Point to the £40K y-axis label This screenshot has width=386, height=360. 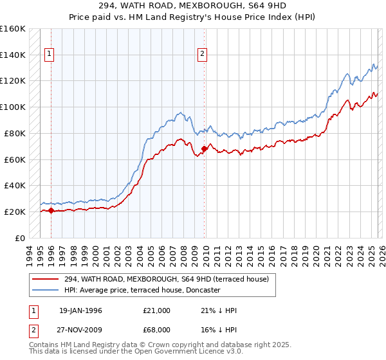14,185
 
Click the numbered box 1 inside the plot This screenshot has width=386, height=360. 50,55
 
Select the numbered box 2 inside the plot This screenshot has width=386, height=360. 203,55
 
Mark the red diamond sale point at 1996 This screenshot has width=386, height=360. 51,210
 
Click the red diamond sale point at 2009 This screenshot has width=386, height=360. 205,148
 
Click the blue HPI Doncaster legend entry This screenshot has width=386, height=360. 142,290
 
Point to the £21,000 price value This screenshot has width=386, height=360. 157,310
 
